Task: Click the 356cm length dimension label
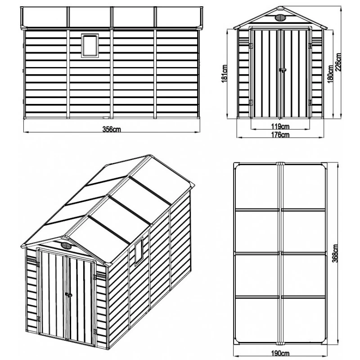coord(111,129)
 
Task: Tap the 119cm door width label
coord(280,126)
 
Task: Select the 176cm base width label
coord(280,135)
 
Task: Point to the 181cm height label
coord(225,74)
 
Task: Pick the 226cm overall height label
coord(338,62)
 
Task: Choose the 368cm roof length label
coord(335,253)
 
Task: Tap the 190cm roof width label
coord(280,353)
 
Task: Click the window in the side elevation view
coord(90,45)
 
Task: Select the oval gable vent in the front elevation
coord(280,18)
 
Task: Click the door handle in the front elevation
coord(283,70)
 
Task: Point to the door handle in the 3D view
coord(68,294)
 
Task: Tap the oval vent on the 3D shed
coord(66,246)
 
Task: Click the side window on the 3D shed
coord(139,251)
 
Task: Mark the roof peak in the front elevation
coord(280,8)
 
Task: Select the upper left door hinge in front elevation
coord(251,46)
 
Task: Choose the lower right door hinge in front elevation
coord(310,103)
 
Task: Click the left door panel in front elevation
coord(266,74)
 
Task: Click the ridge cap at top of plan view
coord(280,164)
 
